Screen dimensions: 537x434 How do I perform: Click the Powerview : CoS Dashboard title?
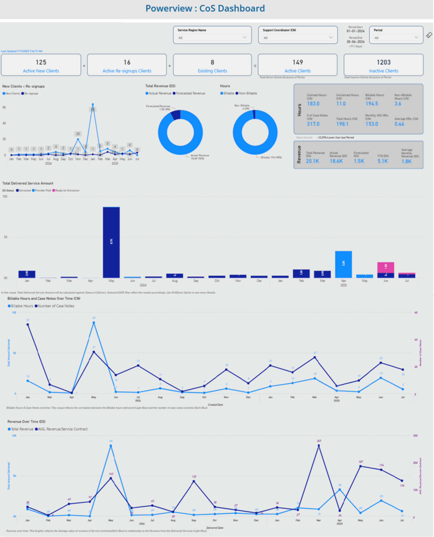tap(205, 8)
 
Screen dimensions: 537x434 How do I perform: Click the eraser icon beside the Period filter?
tap(429, 35)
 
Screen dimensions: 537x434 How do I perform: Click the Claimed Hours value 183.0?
tap(313, 104)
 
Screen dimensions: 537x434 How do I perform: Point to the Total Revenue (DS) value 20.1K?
tap(312, 161)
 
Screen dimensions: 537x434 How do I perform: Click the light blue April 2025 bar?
tap(343, 264)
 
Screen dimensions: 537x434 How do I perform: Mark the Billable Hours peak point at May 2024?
tap(94, 323)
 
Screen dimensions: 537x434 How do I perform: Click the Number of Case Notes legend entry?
tap(56, 306)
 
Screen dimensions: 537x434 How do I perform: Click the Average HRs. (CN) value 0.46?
tap(399, 124)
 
